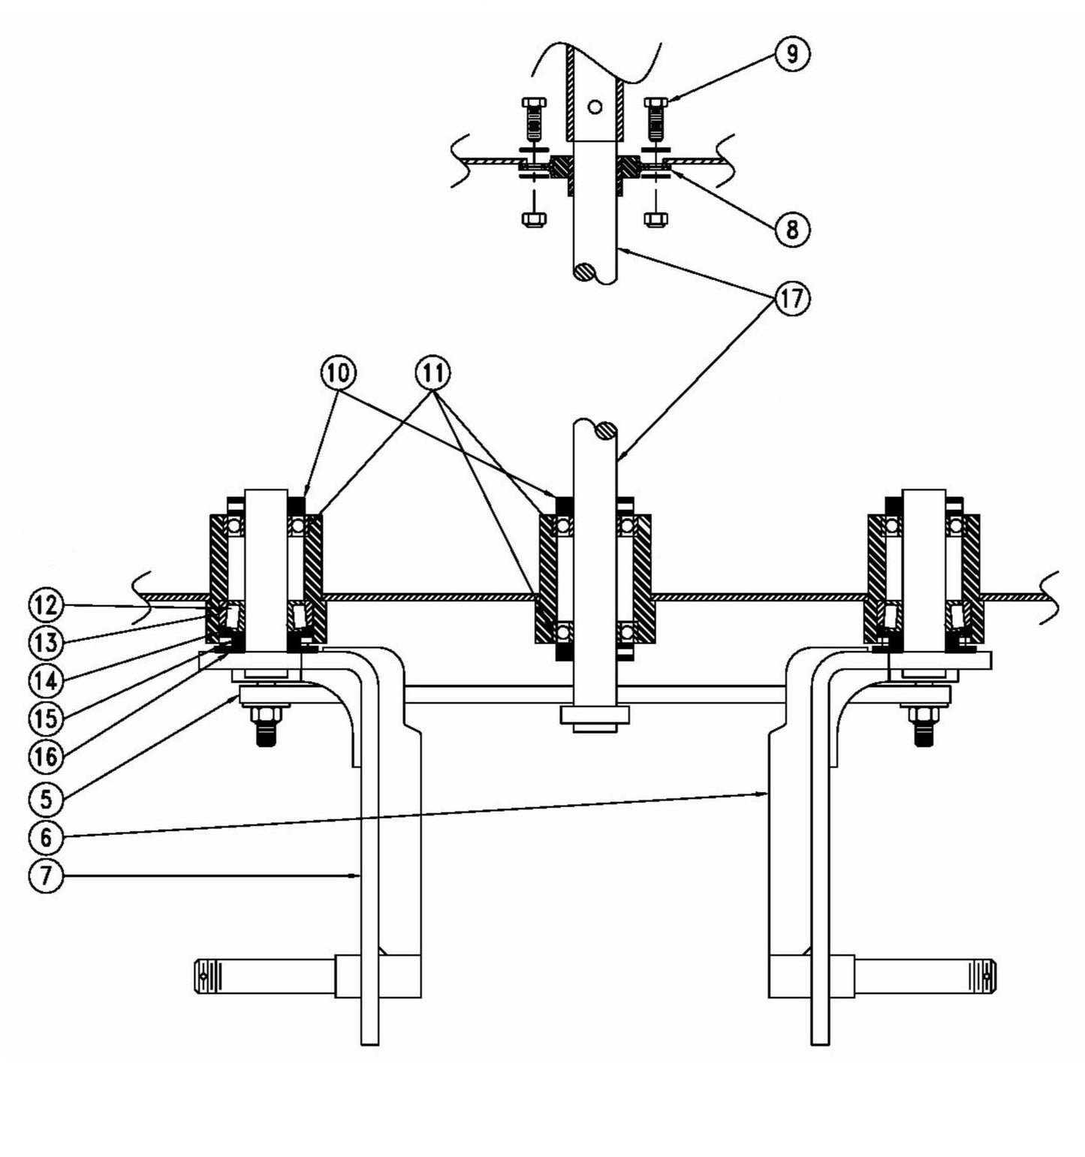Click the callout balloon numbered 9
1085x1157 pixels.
click(792, 55)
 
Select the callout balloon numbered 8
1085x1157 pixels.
click(792, 228)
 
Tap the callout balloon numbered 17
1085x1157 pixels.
click(792, 299)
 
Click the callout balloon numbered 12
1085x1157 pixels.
click(46, 604)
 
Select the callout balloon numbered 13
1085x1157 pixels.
click(46, 643)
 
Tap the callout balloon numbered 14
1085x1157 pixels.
click(46, 681)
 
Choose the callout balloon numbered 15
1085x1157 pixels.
click(46, 719)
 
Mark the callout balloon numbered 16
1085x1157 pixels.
click(46, 757)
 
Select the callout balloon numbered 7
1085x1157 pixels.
click(46, 876)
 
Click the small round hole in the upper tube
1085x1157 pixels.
click(595, 107)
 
